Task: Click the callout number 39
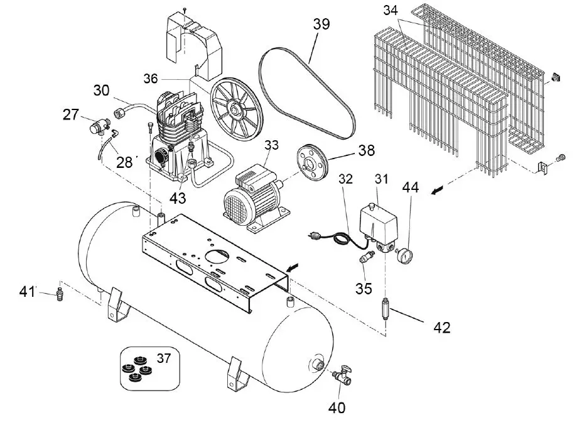click(x=321, y=25)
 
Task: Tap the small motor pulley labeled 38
click(x=311, y=163)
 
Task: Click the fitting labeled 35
click(x=364, y=258)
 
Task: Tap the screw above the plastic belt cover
click(x=186, y=10)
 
